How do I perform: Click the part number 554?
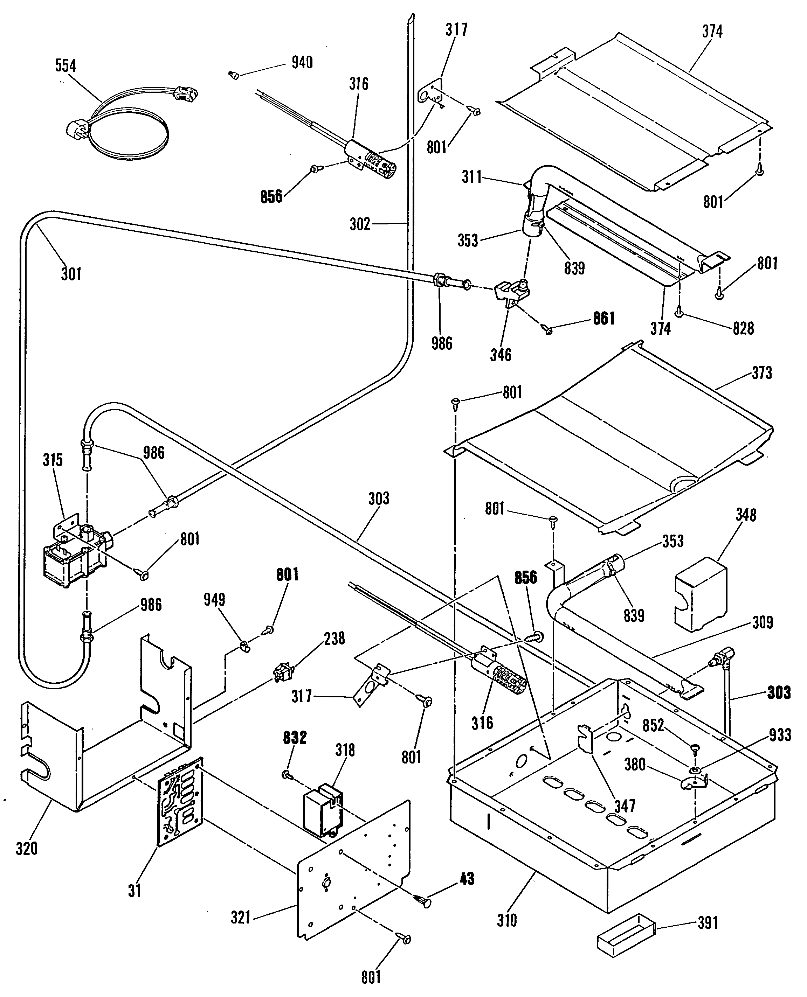pos(65,66)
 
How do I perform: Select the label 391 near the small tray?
pos(708,923)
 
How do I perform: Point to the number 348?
pos(746,515)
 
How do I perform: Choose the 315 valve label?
pos(53,460)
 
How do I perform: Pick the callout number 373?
pos(761,372)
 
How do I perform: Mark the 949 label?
pos(214,599)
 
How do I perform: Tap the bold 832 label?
pos(295,737)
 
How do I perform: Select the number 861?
pos(604,318)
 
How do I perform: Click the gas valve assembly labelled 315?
pos(77,553)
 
